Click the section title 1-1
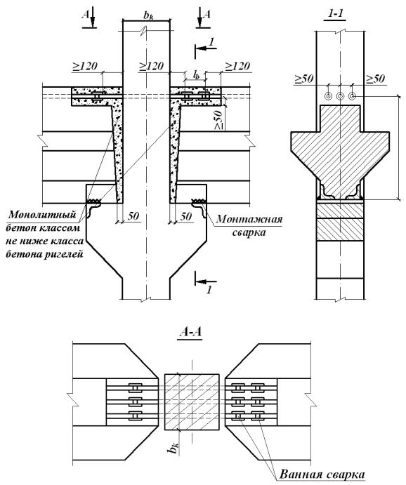335,13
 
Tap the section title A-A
190,332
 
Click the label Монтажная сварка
249,225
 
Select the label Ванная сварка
322,474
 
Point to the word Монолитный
42,215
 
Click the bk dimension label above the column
148,15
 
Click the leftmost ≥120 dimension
85,66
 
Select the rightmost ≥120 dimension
237,66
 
